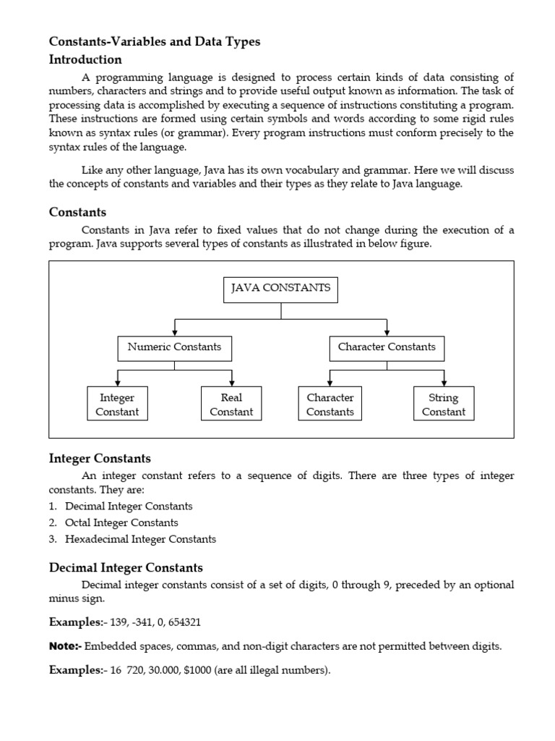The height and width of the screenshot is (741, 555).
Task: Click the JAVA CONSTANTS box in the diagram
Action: point(280,289)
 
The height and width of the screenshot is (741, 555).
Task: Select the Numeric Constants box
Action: point(174,347)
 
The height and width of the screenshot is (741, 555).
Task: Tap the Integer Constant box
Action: point(117,405)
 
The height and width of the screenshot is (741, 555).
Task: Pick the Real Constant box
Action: point(231,405)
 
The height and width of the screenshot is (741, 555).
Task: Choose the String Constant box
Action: point(443,405)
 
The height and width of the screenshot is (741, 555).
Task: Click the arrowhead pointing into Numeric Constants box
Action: point(174,331)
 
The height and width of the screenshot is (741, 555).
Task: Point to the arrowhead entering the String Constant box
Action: point(443,382)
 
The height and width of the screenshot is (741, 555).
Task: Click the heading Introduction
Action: point(85,59)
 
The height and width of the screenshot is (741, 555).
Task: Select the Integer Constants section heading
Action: point(100,459)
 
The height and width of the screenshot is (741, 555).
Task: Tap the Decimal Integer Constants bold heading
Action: point(126,568)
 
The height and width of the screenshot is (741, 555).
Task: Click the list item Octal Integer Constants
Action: point(121,522)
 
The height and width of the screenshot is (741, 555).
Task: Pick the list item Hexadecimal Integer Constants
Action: point(140,539)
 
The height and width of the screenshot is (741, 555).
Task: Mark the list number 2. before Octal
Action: point(53,522)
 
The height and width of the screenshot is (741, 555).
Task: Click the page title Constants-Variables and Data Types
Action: point(155,42)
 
